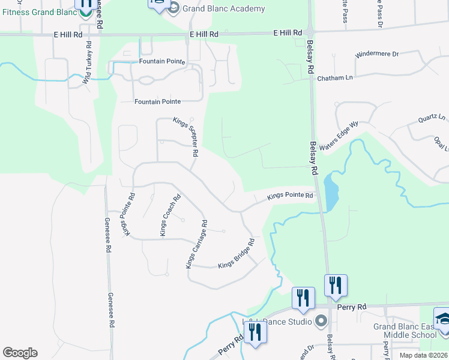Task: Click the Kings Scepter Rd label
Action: tap(186, 137)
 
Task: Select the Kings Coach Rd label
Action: tap(169, 214)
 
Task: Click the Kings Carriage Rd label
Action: tap(196, 244)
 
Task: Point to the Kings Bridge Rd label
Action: tap(237, 254)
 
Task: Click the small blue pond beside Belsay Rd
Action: tap(330, 189)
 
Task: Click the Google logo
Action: tap(20, 353)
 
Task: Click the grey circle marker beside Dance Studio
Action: tap(320, 322)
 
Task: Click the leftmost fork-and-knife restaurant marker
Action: tap(256, 331)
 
